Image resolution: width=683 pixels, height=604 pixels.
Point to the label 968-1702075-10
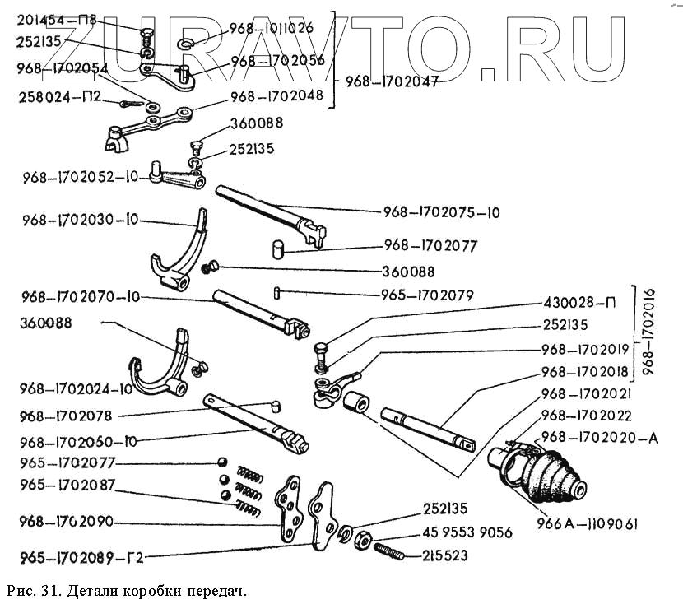pos(442,211)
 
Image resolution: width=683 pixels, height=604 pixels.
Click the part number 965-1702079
pos(434,294)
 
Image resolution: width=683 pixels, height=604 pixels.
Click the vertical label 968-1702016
pos(650,331)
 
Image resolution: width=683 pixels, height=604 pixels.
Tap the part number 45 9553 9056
pos(467,533)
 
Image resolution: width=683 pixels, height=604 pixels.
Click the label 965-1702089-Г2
pos(72,558)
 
